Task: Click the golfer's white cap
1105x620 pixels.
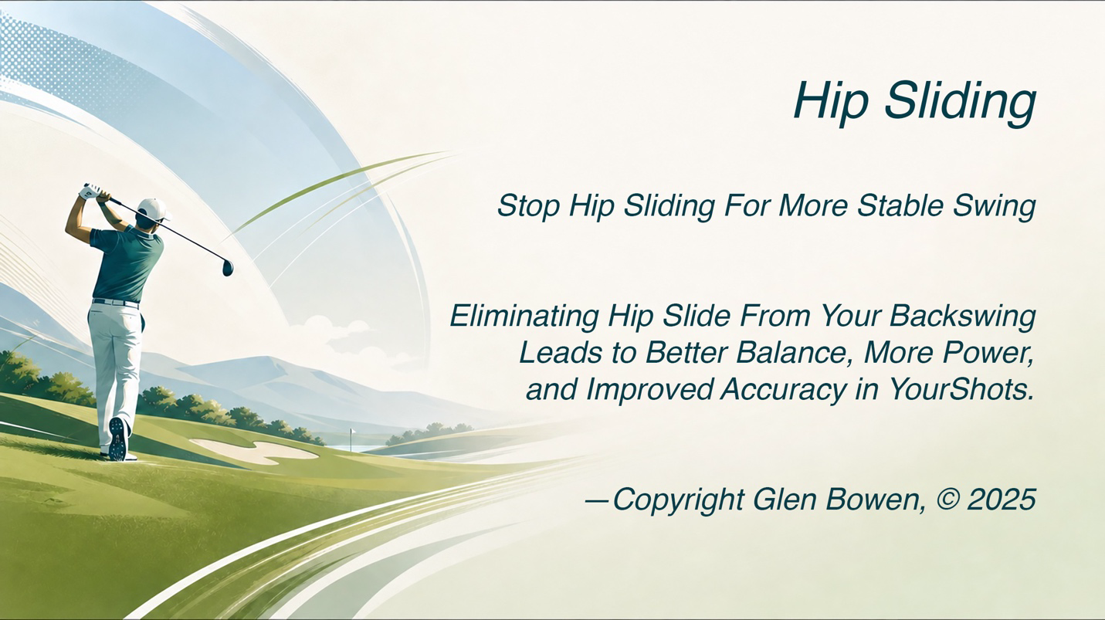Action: coord(154,209)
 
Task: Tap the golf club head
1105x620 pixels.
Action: coord(228,268)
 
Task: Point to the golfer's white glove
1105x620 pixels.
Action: coord(92,191)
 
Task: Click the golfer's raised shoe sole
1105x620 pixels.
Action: coord(117,439)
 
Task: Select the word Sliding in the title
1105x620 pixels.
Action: coord(960,102)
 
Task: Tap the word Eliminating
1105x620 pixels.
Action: coord(524,317)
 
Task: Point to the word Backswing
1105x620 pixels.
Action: coord(962,317)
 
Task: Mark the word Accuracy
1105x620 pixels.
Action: coord(783,390)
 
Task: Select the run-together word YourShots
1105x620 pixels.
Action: coord(960,389)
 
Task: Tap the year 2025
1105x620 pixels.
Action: coord(1002,499)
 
